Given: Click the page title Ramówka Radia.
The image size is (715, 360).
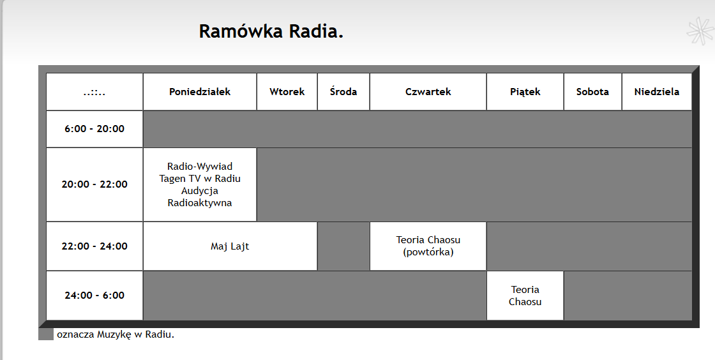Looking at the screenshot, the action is [x=271, y=31].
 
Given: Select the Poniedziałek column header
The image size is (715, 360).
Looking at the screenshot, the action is [x=200, y=91].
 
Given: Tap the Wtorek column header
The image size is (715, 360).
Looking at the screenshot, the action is [x=287, y=91].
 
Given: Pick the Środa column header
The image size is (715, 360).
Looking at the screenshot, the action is [x=343, y=91].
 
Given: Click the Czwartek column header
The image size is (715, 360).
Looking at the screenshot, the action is [x=428, y=91].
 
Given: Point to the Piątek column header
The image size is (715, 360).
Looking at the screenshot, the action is [x=525, y=91].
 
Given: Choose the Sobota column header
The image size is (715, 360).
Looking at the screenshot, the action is [x=592, y=91].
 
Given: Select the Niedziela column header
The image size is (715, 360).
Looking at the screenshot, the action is [x=657, y=91].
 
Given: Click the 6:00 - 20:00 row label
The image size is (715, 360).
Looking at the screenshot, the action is [x=94, y=129].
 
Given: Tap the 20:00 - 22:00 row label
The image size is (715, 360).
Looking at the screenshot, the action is [x=94, y=184].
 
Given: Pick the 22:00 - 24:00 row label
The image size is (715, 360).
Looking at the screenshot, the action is [x=94, y=246].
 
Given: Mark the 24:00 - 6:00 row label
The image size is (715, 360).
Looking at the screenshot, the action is [x=94, y=296].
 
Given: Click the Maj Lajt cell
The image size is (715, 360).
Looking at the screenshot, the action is [x=230, y=246].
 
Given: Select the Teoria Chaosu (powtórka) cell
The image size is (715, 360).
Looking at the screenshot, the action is [x=428, y=246].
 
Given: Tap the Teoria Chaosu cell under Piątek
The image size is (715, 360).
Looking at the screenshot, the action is [x=525, y=296].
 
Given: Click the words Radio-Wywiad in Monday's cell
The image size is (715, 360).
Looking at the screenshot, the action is [x=200, y=167].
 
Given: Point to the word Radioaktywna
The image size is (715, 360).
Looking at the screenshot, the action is [x=200, y=203].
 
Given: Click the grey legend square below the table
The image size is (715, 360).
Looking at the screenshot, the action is [x=45, y=334].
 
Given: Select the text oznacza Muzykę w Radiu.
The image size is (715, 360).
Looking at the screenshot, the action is [x=116, y=334].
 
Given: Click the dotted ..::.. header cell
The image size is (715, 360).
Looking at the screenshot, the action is [x=94, y=91].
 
